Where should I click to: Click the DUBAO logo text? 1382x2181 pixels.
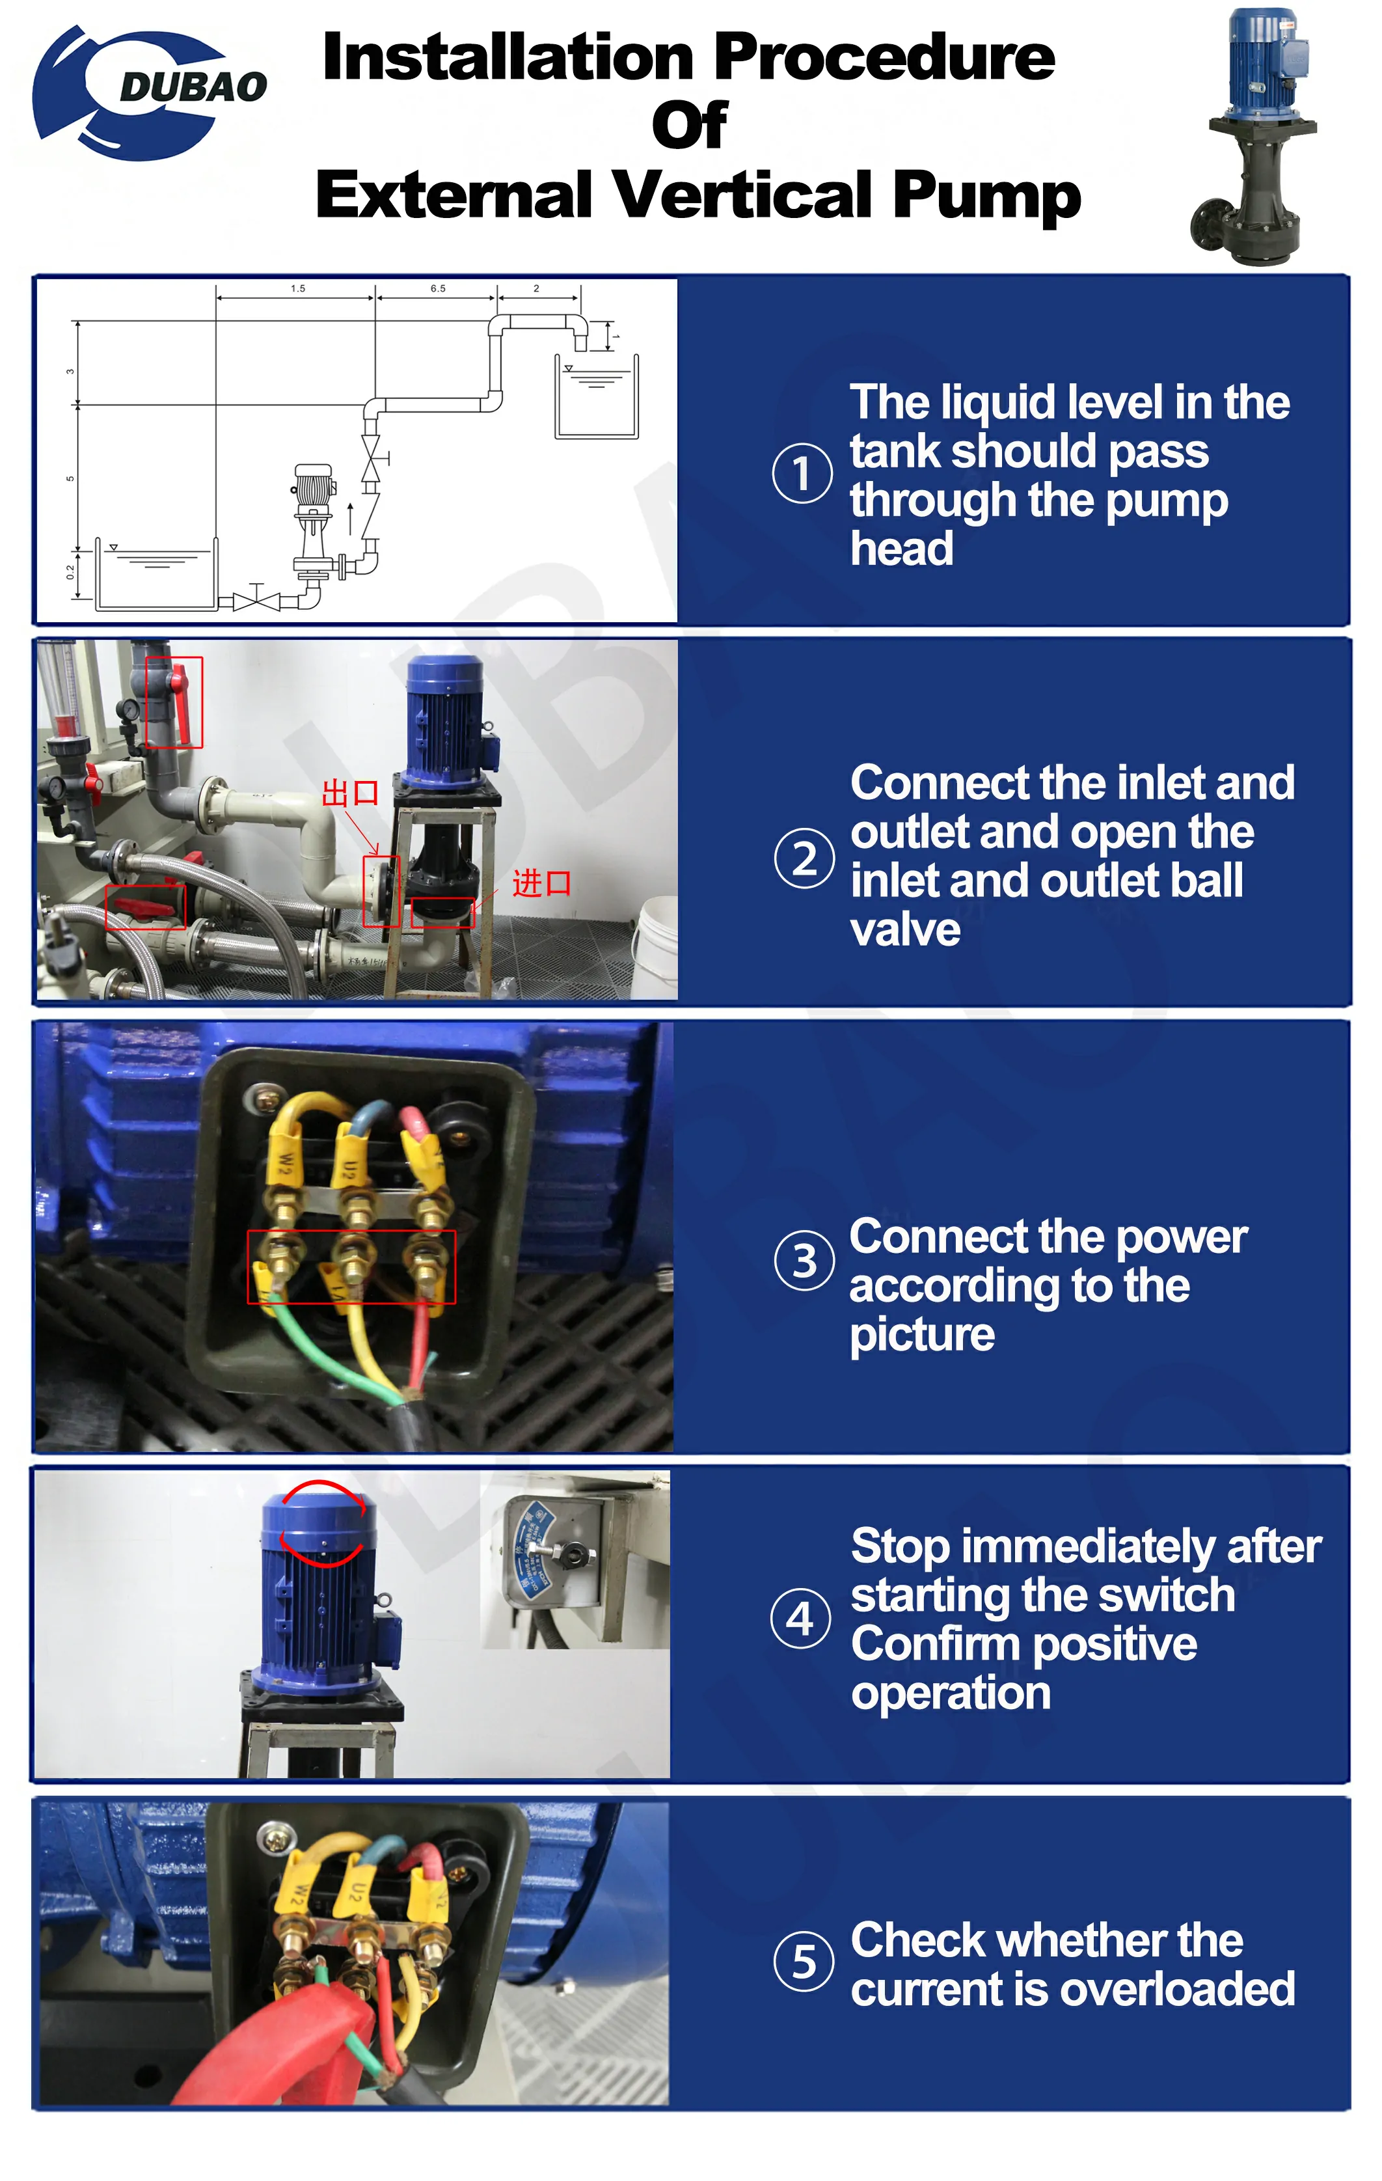[x=193, y=87]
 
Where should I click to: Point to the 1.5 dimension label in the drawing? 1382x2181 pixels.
[x=298, y=289]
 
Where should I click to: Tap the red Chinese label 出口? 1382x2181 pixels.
[x=349, y=793]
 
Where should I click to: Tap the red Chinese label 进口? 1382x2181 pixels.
[x=541, y=883]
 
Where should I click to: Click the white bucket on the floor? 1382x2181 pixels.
[x=654, y=942]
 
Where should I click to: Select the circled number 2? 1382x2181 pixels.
[x=804, y=858]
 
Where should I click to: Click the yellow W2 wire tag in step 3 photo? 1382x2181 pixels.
[x=284, y=1164]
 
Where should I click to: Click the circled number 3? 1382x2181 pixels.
[x=804, y=1260]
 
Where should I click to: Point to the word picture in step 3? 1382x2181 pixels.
[x=922, y=1335]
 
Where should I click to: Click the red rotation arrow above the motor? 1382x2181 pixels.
[x=323, y=1524]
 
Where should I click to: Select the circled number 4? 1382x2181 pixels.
[x=800, y=1619]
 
